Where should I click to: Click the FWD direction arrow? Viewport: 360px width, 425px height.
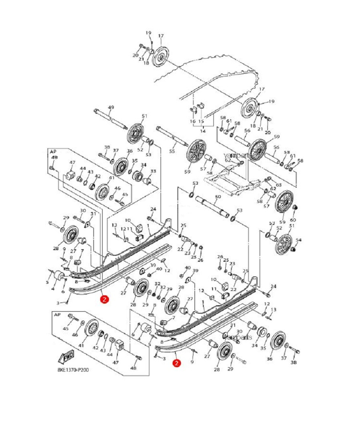point(66,357)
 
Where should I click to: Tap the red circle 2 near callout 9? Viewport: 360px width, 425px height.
point(176,364)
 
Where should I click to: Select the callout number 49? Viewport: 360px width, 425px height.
point(111,107)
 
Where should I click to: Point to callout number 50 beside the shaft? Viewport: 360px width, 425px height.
point(217,197)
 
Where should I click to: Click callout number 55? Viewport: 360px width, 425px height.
point(172,152)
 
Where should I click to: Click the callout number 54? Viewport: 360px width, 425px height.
point(298,240)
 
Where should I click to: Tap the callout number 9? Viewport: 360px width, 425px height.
point(192,362)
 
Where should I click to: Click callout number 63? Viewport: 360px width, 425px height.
point(279,185)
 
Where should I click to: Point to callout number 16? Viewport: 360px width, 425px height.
point(193,122)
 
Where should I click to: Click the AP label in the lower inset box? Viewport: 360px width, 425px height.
point(57,315)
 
